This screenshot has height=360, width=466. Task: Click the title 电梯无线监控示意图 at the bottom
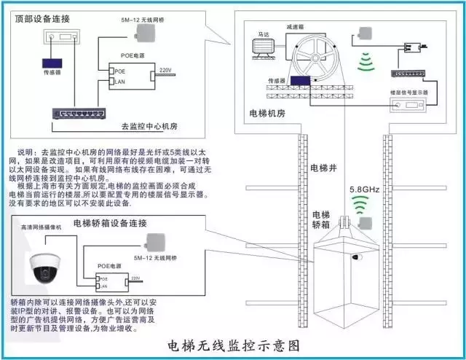click(x=233, y=345)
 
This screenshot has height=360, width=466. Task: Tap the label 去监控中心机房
click(x=149, y=126)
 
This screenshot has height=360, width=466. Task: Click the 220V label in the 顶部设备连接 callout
click(x=165, y=70)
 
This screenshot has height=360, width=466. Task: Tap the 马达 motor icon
click(x=261, y=48)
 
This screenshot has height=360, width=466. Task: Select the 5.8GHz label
click(x=365, y=187)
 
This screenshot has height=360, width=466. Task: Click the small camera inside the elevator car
click(x=358, y=258)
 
